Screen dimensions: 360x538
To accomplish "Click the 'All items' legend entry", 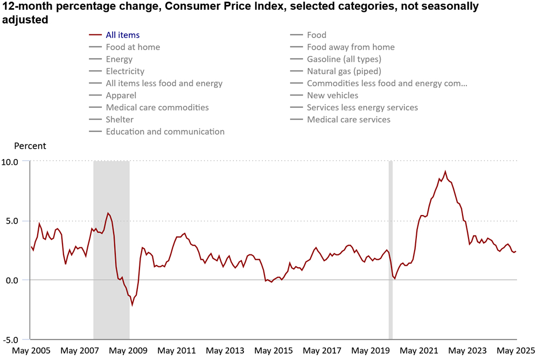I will click(x=115, y=35).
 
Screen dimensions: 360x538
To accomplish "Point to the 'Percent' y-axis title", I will click(x=30, y=146).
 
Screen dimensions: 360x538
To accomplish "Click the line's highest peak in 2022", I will click(x=445, y=171).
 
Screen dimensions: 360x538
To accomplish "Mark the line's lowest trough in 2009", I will click(x=132, y=305).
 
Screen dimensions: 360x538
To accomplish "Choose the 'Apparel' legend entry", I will click(x=121, y=95).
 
